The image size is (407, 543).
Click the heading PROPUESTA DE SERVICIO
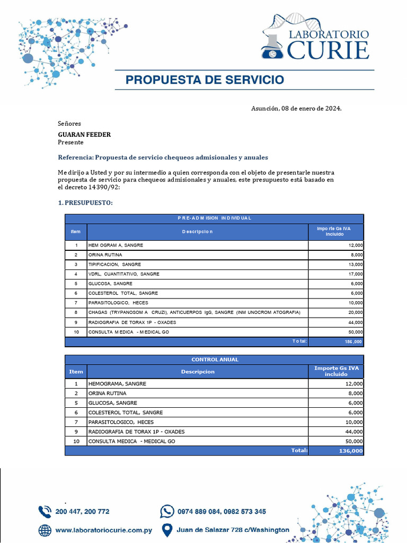coord(205,80)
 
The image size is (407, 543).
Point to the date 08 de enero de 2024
coord(311,109)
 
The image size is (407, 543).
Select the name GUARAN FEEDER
coord(84,135)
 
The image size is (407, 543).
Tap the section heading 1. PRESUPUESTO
coord(85,203)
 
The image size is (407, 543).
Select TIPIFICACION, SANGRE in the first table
coord(115,264)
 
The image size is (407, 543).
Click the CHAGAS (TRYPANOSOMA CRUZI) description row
coord(194,312)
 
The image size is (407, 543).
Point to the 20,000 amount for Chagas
coord(356,312)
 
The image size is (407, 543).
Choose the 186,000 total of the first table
coord(353,342)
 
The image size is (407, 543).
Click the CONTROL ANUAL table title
coord(214,360)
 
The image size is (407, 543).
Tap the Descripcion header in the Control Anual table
coord(197,372)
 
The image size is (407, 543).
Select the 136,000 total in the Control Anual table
coord(350,451)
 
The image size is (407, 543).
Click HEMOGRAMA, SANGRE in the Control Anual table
coord(117,383)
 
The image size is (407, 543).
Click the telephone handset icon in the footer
coord(45,512)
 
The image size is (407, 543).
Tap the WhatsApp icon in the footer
coord(167,511)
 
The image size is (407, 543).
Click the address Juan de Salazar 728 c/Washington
coord(233,529)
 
